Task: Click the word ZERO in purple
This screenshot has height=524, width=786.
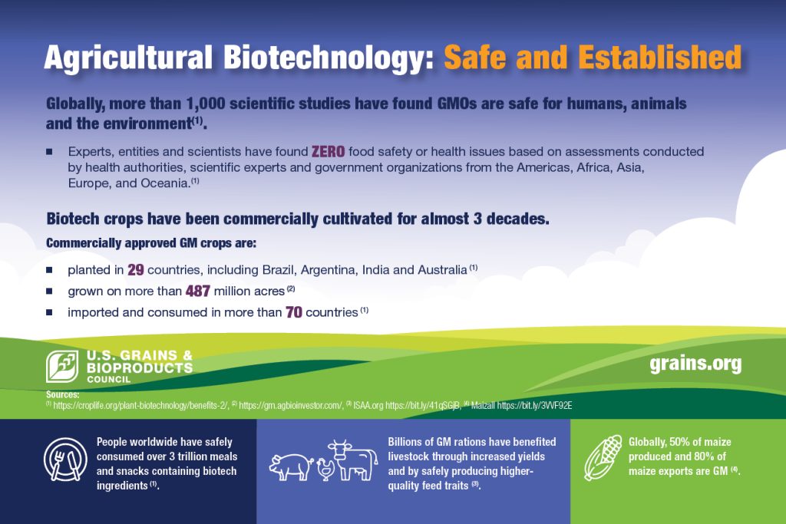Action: [x=329, y=151]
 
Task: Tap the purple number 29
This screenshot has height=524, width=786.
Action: [x=136, y=270]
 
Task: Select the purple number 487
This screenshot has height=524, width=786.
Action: [x=198, y=291]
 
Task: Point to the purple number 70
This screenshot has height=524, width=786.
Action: [x=294, y=312]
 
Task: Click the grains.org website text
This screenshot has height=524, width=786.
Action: [x=695, y=364]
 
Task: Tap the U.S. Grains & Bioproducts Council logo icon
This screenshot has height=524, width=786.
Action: [x=62, y=366]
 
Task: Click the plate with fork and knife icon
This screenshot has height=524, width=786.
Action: [x=65, y=460]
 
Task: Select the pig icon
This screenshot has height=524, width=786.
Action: [x=291, y=467]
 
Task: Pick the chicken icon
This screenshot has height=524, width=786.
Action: [x=325, y=470]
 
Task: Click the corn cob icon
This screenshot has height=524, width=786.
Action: [x=603, y=457]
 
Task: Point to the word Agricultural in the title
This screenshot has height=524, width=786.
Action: [x=128, y=58]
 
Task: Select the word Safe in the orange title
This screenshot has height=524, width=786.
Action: [x=475, y=57]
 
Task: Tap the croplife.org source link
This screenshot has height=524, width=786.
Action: [x=141, y=405]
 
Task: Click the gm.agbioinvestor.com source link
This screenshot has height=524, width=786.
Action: [x=291, y=405]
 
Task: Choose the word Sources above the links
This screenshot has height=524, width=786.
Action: [x=63, y=395]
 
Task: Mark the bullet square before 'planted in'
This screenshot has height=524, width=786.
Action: [x=49, y=270]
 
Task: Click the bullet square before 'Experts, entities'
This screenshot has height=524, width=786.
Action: [x=49, y=151]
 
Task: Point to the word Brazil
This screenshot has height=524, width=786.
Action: [x=279, y=270]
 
